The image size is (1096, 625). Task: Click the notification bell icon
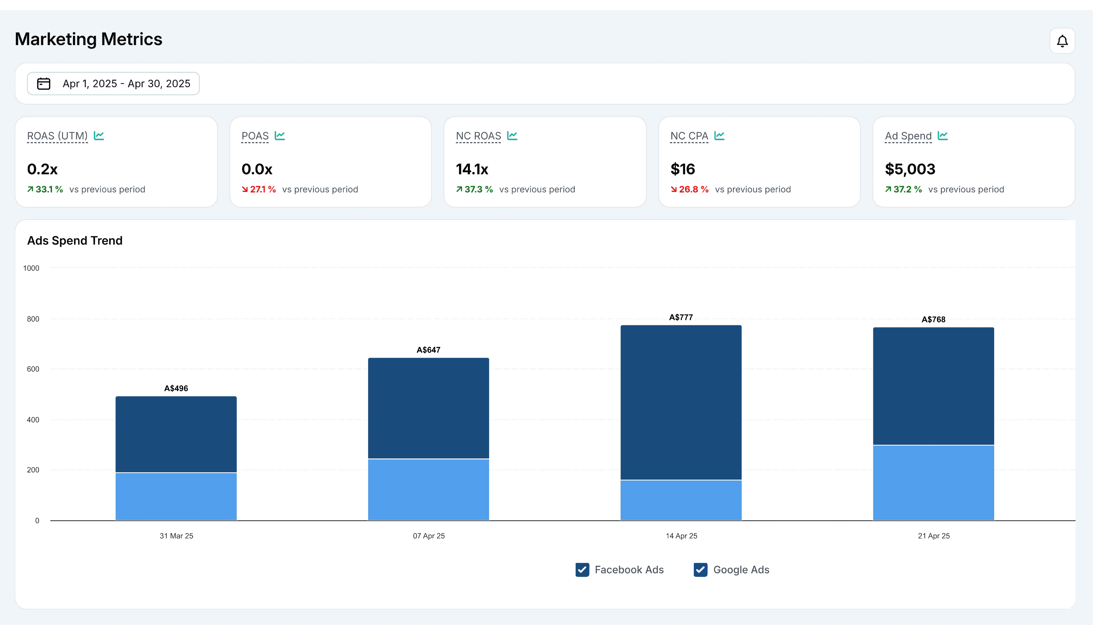(x=1062, y=41)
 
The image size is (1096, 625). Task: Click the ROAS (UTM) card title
(x=57, y=136)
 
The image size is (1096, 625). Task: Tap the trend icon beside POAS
(x=280, y=136)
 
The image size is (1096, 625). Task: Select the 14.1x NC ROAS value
(x=472, y=169)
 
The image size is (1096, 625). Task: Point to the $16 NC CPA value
(x=683, y=169)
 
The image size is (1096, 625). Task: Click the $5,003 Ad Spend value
(x=910, y=169)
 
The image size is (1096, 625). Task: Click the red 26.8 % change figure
(x=689, y=189)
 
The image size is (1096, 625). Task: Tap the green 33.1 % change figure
(x=45, y=189)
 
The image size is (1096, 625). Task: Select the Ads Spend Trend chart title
(x=75, y=240)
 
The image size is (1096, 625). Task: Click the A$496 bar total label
(x=176, y=388)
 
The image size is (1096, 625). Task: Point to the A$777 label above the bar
(x=681, y=317)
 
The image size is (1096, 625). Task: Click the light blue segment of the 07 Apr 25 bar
(x=428, y=490)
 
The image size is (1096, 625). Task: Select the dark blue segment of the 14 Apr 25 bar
(x=681, y=402)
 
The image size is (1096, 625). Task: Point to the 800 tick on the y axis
(x=33, y=319)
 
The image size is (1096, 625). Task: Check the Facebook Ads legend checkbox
(x=582, y=570)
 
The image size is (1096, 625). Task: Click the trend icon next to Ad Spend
(x=943, y=136)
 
